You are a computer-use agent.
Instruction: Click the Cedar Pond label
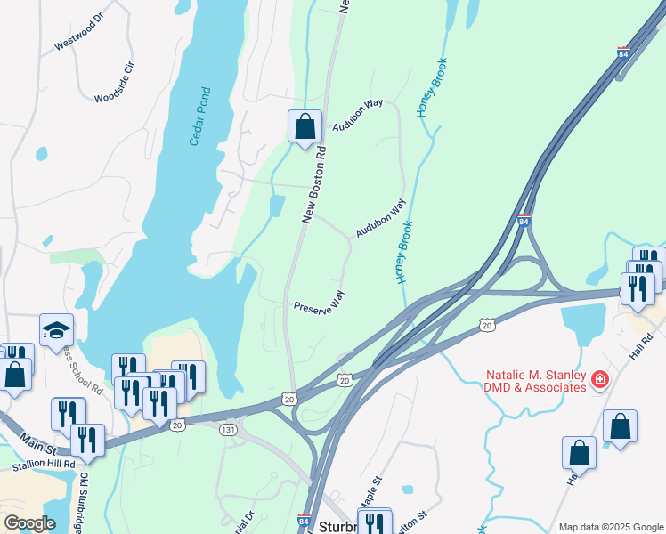[x=200, y=117]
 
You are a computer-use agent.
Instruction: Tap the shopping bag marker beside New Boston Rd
[x=305, y=126]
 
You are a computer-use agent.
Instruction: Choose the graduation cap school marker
[x=56, y=330]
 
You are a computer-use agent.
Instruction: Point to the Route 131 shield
[x=228, y=429]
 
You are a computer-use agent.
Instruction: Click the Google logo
[x=29, y=523]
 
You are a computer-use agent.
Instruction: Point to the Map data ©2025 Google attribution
[x=610, y=526]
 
